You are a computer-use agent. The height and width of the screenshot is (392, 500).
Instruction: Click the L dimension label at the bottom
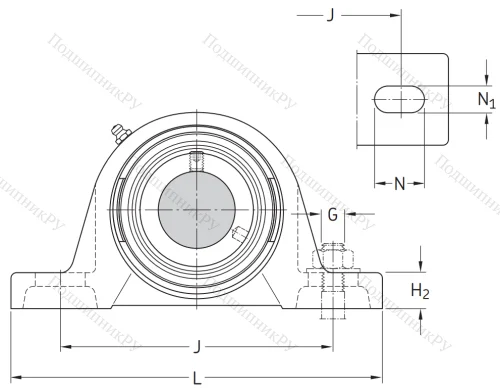(x=197, y=379)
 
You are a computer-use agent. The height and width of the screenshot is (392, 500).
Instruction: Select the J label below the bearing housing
(x=197, y=348)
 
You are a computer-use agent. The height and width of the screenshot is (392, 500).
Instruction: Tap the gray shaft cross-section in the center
(x=198, y=206)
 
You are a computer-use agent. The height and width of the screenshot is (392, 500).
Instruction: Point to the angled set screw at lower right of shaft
(x=239, y=234)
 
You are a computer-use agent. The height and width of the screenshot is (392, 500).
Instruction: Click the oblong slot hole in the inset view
(x=399, y=101)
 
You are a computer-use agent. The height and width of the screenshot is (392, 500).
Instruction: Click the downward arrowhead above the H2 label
(x=420, y=264)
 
